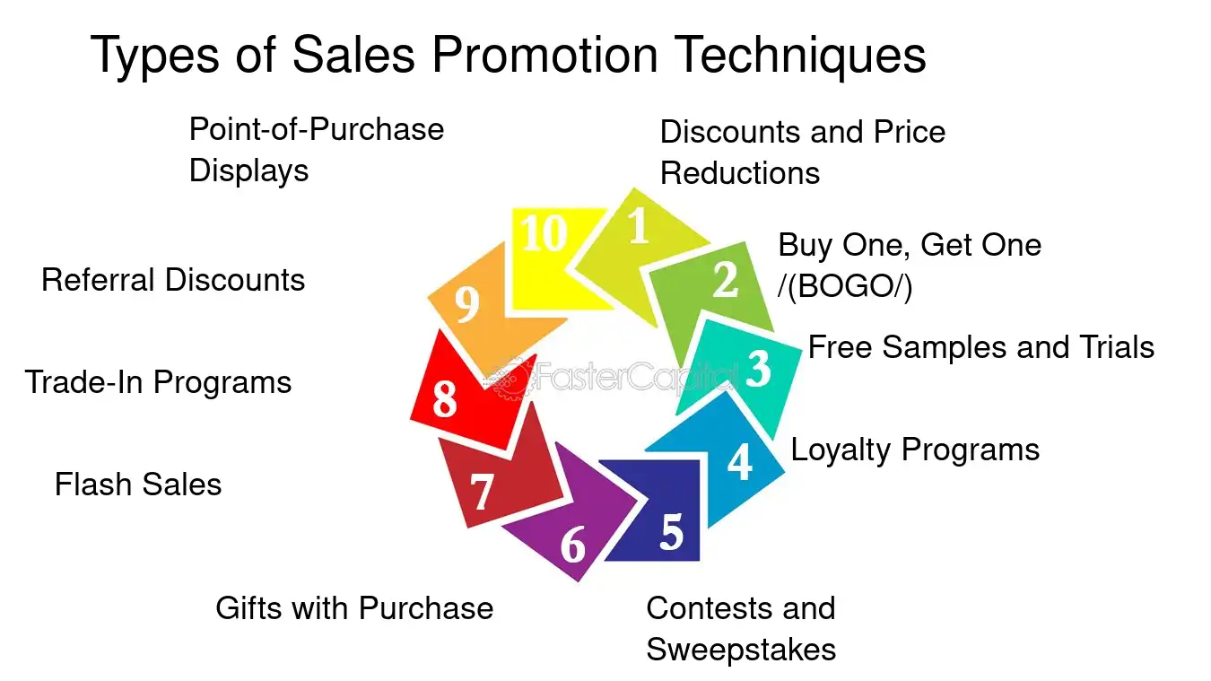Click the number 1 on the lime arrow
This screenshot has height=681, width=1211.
638,228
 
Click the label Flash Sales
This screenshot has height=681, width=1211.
138,485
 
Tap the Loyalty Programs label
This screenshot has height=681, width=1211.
915,449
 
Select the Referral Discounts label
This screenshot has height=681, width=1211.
173,280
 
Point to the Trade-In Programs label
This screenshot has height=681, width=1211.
158,382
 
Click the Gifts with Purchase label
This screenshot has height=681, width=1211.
354,608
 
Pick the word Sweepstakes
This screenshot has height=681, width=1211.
741,649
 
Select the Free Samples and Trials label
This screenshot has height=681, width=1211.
981,347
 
